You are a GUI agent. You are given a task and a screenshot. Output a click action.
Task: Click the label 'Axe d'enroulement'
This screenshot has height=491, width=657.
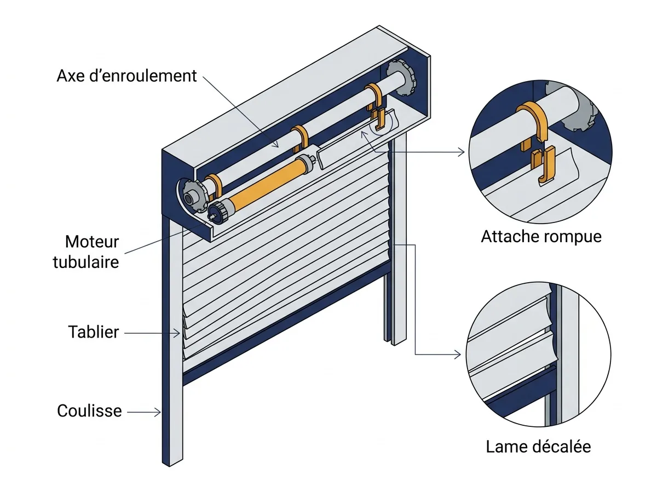pyautogui.click(x=126, y=76)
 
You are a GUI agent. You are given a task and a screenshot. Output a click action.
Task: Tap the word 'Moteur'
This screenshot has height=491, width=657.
pyautogui.click(x=92, y=242)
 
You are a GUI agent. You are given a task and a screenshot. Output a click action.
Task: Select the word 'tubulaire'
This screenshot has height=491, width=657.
pyautogui.click(x=86, y=262)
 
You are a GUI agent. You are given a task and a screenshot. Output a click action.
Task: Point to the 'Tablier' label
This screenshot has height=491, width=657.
pyautogui.click(x=94, y=332)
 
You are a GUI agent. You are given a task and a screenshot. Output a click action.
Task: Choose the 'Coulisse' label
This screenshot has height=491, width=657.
pyautogui.click(x=89, y=410)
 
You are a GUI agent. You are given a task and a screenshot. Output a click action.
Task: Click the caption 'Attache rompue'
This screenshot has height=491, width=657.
pyautogui.click(x=541, y=237)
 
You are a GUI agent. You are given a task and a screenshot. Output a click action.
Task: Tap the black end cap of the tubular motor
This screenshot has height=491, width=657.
pyautogui.click(x=218, y=213)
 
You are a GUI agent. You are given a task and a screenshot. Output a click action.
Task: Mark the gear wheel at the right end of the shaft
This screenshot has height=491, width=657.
pyautogui.click(x=401, y=78)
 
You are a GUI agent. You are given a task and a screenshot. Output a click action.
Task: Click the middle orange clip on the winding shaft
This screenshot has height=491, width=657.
pyautogui.click(x=300, y=139)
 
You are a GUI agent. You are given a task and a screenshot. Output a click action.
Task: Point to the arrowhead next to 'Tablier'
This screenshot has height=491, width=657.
pyautogui.click(x=177, y=333)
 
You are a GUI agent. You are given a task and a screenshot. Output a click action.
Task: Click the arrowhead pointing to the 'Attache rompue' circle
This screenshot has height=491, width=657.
pyautogui.click(x=461, y=152)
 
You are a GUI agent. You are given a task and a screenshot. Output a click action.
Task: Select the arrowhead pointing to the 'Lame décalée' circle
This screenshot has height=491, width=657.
pyautogui.click(x=457, y=355)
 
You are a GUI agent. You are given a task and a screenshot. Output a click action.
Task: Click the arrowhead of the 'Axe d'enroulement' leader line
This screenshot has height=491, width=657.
pyautogui.click(x=276, y=145)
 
